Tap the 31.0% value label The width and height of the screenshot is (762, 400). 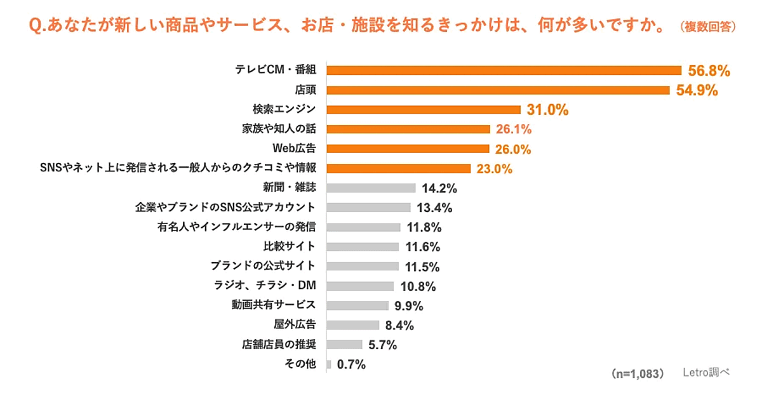547,110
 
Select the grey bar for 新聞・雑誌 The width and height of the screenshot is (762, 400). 371,188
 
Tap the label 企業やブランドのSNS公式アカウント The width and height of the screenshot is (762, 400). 225,207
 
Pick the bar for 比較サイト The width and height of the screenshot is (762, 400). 363,246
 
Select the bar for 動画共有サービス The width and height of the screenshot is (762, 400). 358,305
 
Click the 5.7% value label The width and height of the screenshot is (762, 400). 382,345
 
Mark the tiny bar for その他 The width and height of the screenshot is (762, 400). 329,364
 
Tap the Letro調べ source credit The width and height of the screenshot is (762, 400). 707,373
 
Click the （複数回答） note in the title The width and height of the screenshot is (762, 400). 707,27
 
